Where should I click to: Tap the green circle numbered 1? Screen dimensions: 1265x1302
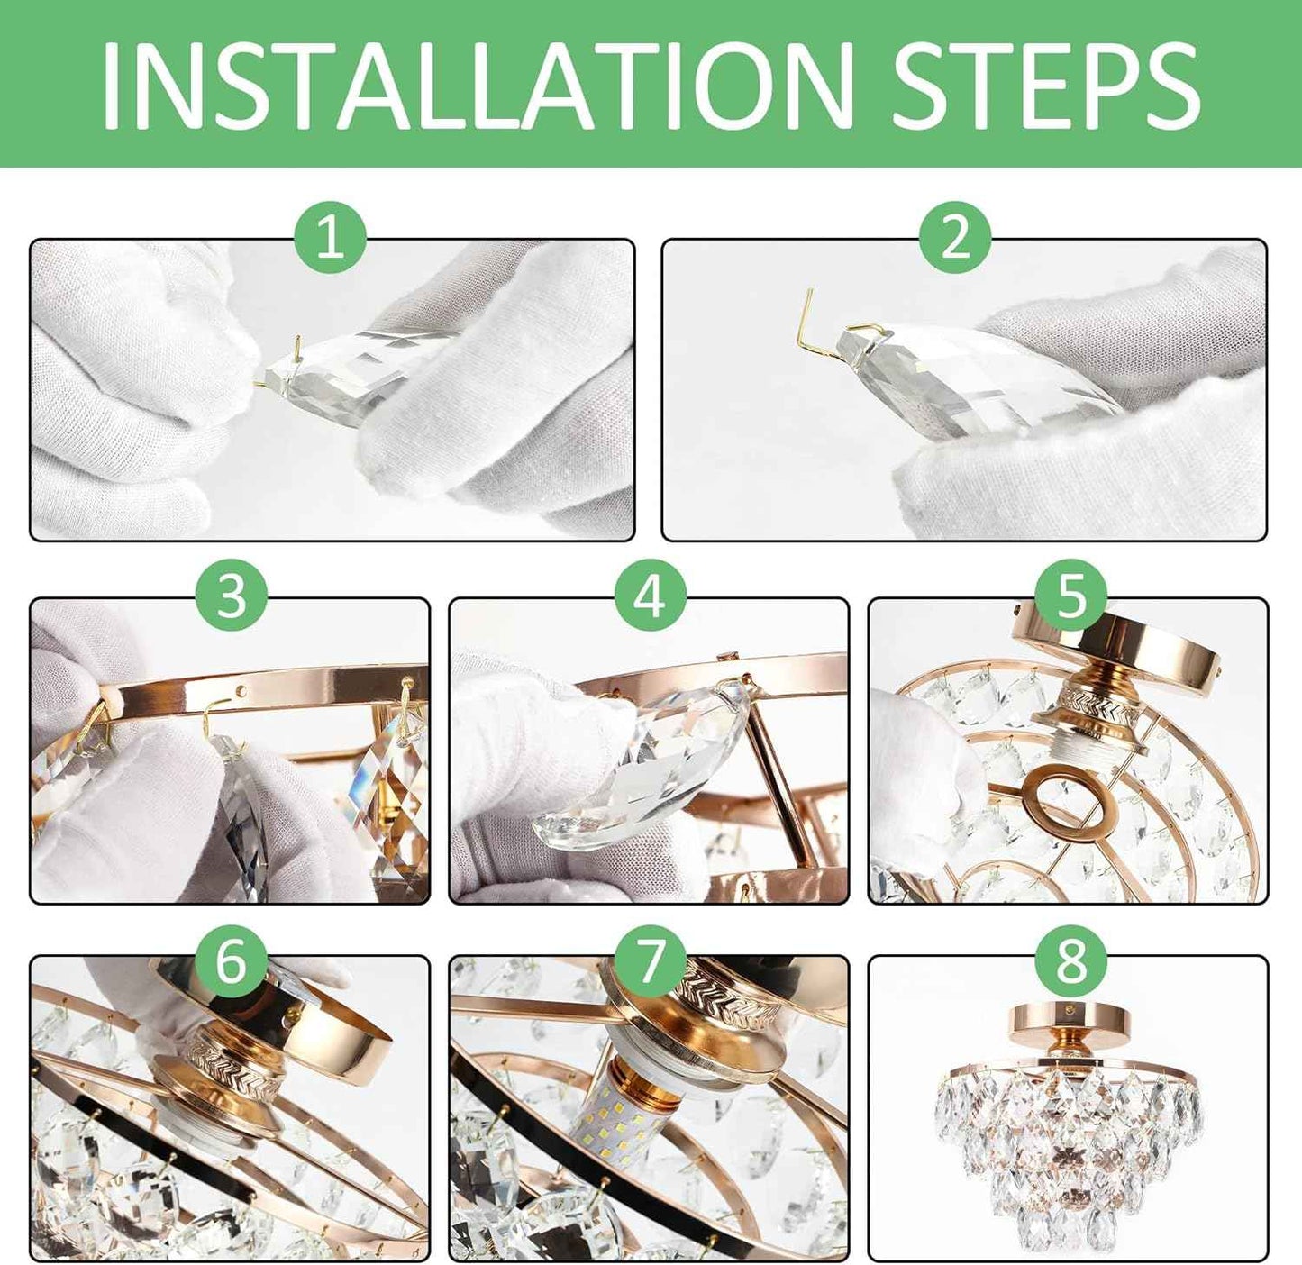[x=330, y=238]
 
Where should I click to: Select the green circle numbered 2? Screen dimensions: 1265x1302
[x=955, y=238]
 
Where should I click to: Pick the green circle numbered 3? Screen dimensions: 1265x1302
[x=232, y=596]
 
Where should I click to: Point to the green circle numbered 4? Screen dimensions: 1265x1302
[x=651, y=596]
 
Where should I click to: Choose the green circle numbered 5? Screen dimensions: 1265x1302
[x=1070, y=596]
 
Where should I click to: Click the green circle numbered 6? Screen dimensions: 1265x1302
[x=232, y=960]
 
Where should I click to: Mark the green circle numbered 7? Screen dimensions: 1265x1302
[x=651, y=960]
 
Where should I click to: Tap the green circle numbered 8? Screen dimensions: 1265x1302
[x=1070, y=960]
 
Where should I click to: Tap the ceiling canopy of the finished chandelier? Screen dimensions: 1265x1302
[x=1070, y=1021]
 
